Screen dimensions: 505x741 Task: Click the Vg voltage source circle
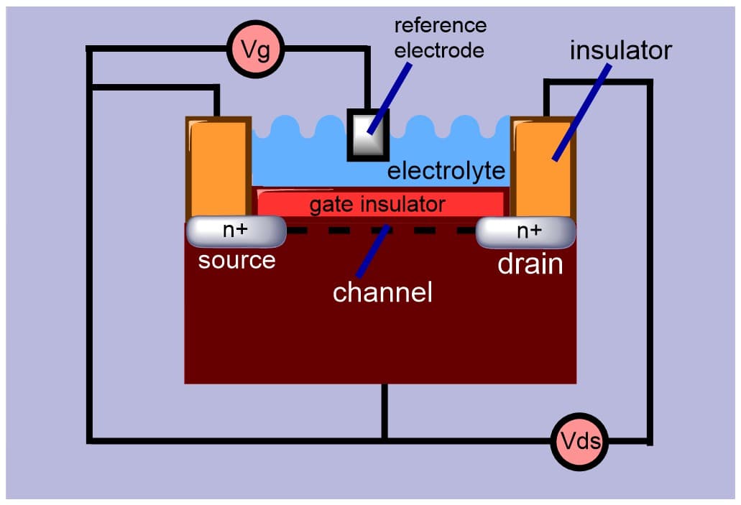click(256, 49)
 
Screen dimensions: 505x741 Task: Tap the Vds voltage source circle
click(580, 440)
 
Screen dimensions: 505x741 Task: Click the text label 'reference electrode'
click(440, 38)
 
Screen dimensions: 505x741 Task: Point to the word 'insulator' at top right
click(620, 50)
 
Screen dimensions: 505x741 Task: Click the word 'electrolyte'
click(446, 172)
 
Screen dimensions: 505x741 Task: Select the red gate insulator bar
click(380, 204)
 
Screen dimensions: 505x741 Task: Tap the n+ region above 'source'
click(236, 231)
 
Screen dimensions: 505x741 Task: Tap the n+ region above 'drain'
click(528, 231)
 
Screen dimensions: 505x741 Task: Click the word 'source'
click(236, 259)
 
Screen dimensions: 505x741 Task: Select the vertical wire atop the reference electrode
click(367, 79)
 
